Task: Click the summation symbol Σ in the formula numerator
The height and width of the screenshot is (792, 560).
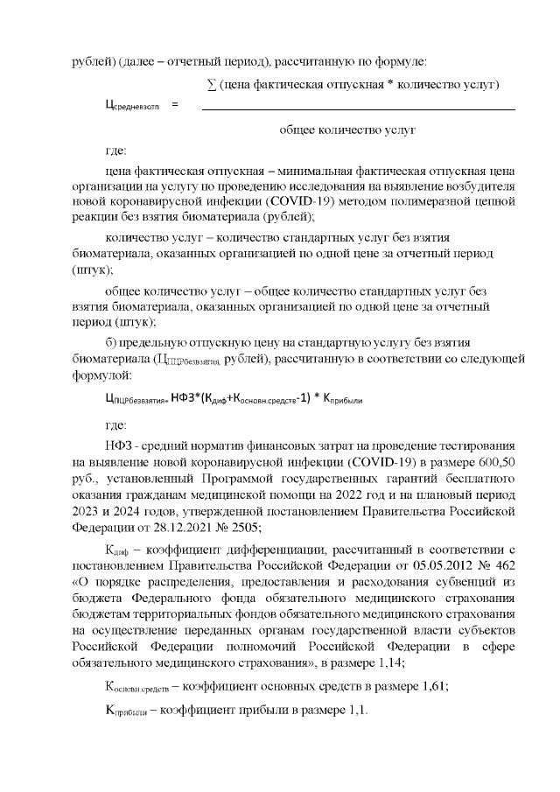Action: [x=211, y=85]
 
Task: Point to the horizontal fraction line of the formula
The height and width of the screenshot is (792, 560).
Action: [x=358, y=109]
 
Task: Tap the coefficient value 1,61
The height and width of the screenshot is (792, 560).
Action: [x=432, y=686]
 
